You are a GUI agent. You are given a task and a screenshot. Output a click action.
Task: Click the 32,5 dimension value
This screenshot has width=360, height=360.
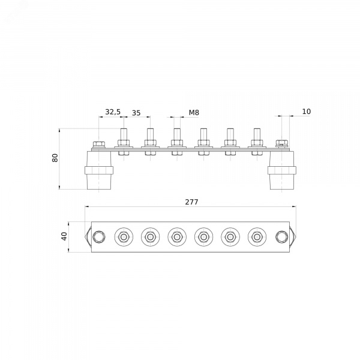tap(113, 112)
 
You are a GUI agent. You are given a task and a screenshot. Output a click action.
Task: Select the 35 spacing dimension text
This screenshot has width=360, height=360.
tap(136, 113)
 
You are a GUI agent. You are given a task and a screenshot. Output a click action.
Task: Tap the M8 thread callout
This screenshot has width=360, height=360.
tap(194, 113)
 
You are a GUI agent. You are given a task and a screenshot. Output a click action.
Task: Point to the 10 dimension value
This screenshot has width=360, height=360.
tap(306, 112)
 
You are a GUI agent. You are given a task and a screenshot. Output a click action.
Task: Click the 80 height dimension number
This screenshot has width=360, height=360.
tap(55, 158)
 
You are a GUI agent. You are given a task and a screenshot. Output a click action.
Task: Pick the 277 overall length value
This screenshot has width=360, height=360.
tap(191, 202)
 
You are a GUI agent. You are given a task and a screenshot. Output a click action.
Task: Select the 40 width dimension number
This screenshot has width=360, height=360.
tap(65, 236)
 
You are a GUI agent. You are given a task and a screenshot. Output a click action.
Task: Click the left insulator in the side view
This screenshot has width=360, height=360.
tap(99, 170)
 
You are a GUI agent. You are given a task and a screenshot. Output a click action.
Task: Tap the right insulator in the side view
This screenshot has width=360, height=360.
tap(282, 170)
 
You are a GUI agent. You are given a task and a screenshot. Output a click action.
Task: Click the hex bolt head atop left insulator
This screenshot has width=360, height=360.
tap(99, 145)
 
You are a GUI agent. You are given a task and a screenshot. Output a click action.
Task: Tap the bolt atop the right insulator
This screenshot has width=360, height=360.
tap(282, 143)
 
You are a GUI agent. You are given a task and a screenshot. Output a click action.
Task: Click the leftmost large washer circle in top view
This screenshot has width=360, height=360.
tap(124, 237)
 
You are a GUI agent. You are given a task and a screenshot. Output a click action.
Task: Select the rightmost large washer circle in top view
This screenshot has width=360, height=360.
tap(257, 237)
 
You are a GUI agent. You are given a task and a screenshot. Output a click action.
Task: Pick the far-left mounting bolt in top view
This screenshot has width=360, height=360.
tap(99, 237)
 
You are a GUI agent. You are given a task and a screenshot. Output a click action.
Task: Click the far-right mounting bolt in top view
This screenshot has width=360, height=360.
tap(282, 237)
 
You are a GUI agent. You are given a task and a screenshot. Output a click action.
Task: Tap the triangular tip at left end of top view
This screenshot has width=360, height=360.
tap(85, 237)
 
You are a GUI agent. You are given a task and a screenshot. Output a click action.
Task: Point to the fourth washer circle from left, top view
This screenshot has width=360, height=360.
tap(203, 237)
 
